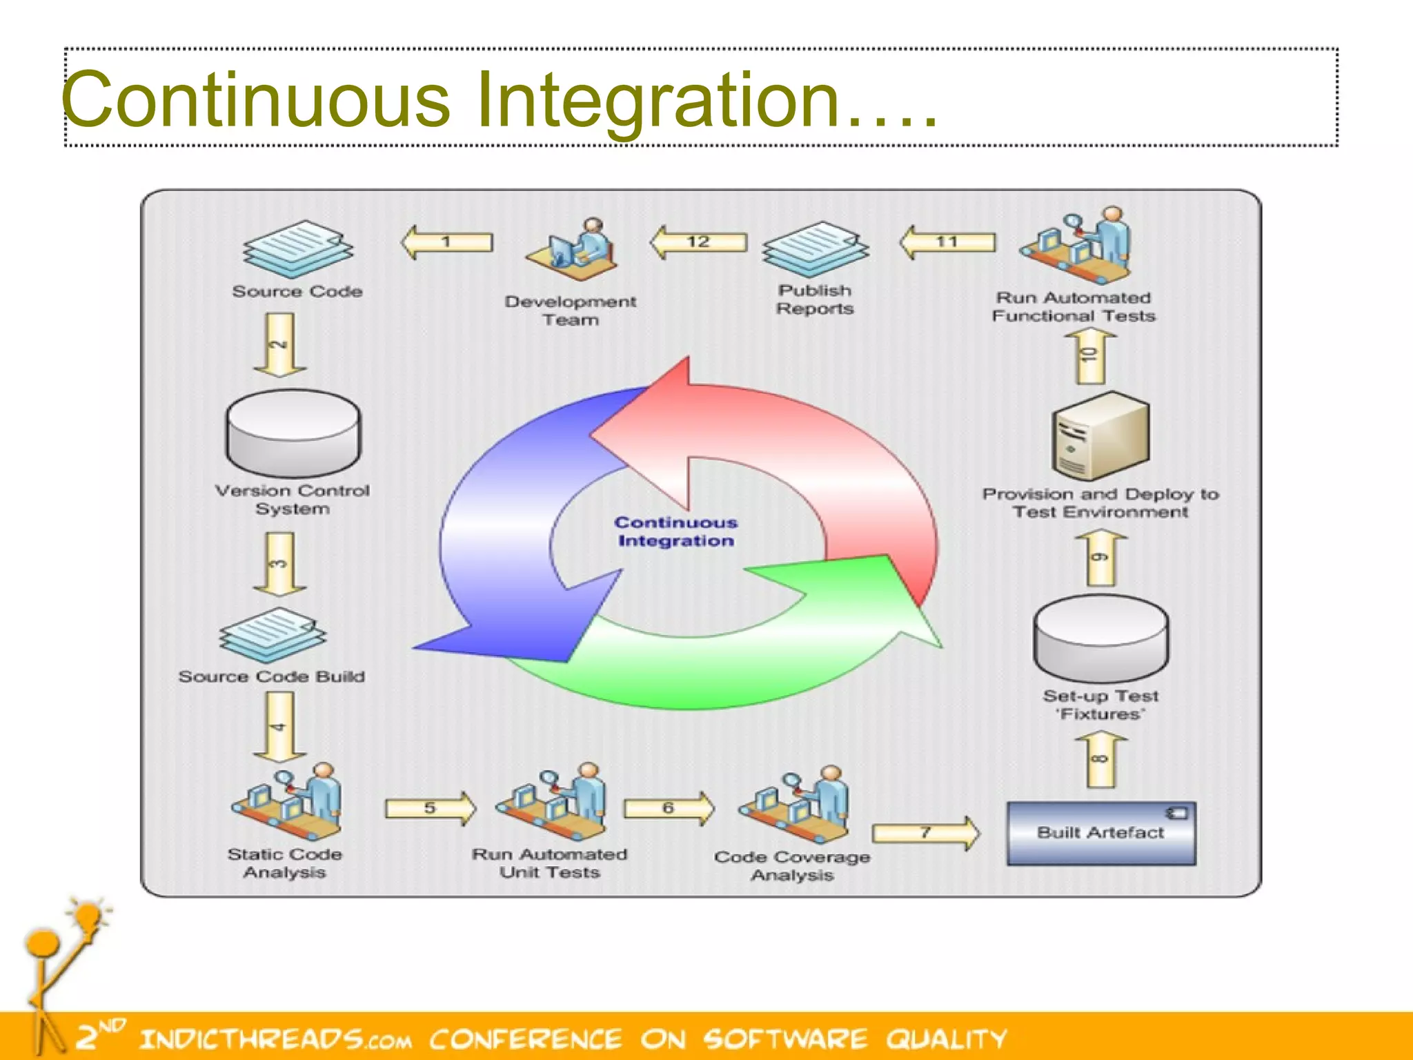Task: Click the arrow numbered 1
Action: (x=447, y=242)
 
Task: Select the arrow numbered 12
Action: (x=698, y=242)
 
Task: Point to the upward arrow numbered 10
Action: (x=1090, y=356)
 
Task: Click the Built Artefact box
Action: (x=1101, y=833)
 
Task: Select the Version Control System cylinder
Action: (x=293, y=433)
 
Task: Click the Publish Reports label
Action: (x=815, y=300)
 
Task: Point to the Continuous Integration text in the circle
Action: (x=676, y=531)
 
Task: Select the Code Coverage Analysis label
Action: (x=792, y=865)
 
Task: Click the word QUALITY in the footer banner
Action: (x=947, y=1039)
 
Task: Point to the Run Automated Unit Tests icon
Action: (x=552, y=801)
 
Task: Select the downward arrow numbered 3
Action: (x=279, y=563)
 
